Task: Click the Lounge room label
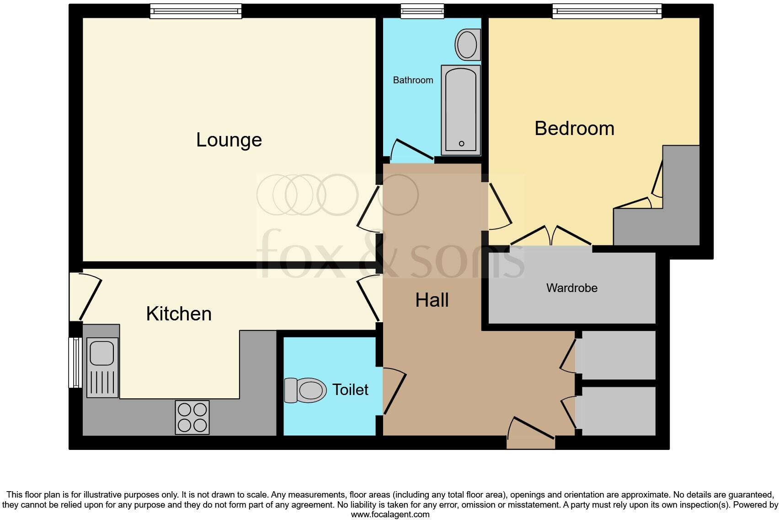point(229,140)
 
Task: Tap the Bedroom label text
point(574,129)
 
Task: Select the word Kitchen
point(179,314)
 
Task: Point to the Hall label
point(432,300)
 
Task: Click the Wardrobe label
point(571,288)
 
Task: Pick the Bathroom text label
point(413,80)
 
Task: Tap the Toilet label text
point(350,390)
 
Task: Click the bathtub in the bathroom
point(461,110)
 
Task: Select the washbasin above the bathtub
point(467,44)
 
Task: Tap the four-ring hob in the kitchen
point(192,417)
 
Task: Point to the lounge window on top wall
point(196,11)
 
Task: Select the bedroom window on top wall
point(607,11)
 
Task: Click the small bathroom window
point(422,11)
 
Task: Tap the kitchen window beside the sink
point(75,363)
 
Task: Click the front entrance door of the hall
point(531,433)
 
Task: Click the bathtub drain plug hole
point(461,144)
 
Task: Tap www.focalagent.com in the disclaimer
point(390,515)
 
